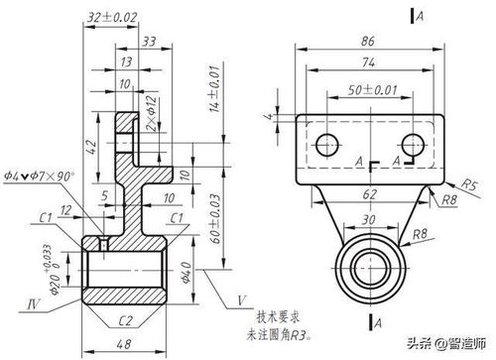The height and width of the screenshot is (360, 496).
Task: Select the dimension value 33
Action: (149, 41)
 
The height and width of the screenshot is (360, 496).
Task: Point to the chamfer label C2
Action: (126, 320)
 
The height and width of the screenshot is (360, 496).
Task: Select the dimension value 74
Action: (366, 61)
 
